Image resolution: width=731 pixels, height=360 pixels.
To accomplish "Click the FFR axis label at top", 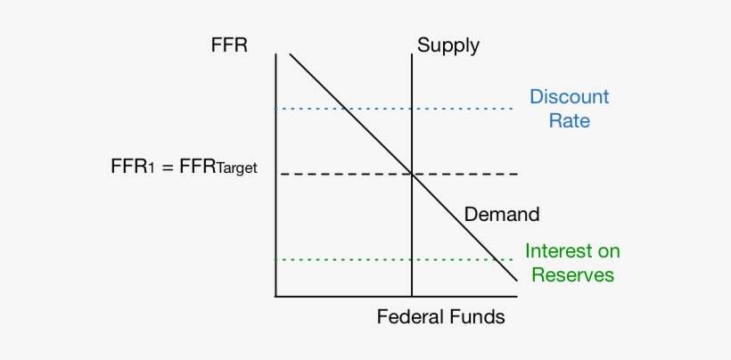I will (x=229, y=45).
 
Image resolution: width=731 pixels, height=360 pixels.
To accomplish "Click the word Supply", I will (x=448, y=45).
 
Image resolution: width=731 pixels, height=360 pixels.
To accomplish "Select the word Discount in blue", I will (x=569, y=96).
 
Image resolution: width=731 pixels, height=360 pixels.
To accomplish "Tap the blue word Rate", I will (x=569, y=120).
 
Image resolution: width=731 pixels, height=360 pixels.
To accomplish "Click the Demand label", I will (x=502, y=214).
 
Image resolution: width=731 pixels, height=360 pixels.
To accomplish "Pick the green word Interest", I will (x=572, y=251).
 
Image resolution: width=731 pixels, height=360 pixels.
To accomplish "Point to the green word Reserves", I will (x=572, y=274).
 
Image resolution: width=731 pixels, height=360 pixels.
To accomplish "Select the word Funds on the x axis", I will (x=476, y=316).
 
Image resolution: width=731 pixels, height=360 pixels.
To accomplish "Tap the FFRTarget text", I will (x=218, y=167).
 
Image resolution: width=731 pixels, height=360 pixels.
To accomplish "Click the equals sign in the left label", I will (x=165, y=167).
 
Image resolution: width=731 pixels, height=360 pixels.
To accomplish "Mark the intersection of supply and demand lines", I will (x=411, y=174).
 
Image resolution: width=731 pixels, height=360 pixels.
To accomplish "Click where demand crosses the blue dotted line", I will (x=345, y=109).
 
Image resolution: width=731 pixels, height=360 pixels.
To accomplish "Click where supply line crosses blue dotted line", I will (x=411, y=109).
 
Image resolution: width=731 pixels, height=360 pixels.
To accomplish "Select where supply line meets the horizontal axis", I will (x=411, y=296).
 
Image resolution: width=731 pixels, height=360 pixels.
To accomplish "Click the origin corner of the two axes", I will (x=275, y=296).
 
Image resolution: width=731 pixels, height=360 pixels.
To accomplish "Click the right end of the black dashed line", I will (x=514, y=174).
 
